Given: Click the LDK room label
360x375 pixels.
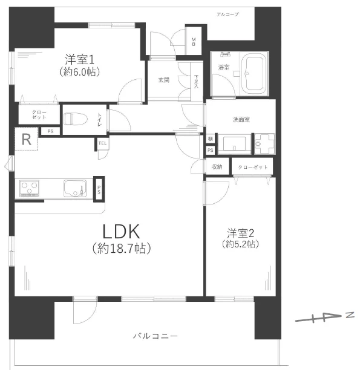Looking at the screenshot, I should click(x=121, y=231).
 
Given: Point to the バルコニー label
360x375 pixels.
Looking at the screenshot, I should click(x=155, y=336).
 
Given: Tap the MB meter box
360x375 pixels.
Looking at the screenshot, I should click(x=194, y=42).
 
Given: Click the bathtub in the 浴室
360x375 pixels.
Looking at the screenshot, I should click(x=254, y=74).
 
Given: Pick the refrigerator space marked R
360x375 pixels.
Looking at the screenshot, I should click(x=26, y=139).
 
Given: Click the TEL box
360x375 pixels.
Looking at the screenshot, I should click(x=102, y=144).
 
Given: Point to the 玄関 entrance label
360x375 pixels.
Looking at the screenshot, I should click(x=163, y=80).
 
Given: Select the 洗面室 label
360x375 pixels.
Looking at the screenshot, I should click(x=241, y=119).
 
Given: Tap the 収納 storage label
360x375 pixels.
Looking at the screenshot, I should click(x=217, y=167).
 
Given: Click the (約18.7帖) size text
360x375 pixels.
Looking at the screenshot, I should click(x=121, y=248).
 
